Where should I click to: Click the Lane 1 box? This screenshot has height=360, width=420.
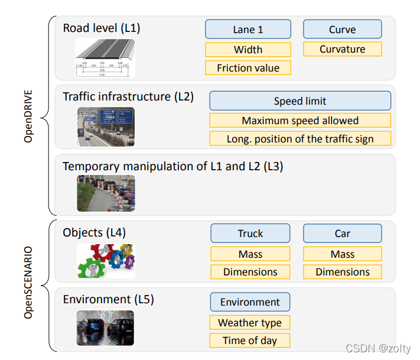(x=248, y=30)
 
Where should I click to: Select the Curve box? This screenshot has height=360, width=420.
(x=342, y=30)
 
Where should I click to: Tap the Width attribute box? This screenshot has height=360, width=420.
(x=248, y=50)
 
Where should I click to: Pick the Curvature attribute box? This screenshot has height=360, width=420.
(x=342, y=49)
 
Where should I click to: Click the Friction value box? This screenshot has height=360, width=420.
(x=248, y=68)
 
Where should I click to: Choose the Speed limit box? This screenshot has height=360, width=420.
(x=300, y=101)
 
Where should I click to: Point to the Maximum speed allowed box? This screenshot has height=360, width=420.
(x=300, y=121)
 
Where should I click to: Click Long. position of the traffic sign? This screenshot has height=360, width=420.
(x=300, y=139)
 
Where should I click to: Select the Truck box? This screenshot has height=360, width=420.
(x=250, y=233)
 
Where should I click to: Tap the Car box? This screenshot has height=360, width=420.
(x=343, y=233)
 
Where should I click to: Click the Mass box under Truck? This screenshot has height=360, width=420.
(x=250, y=254)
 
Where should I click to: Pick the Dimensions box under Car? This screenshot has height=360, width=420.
(x=343, y=272)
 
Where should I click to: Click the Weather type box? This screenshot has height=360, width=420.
(x=250, y=323)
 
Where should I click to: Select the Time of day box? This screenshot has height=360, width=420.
(x=250, y=340)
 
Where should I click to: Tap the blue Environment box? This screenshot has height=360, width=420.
(x=250, y=302)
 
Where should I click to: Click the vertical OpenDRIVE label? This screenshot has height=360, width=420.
(x=28, y=116)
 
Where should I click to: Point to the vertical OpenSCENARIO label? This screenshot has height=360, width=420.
(x=28, y=284)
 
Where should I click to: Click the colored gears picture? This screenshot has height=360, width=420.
(x=106, y=261)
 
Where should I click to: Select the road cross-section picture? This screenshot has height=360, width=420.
(x=106, y=58)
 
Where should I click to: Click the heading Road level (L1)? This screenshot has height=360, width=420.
(x=102, y=28)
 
